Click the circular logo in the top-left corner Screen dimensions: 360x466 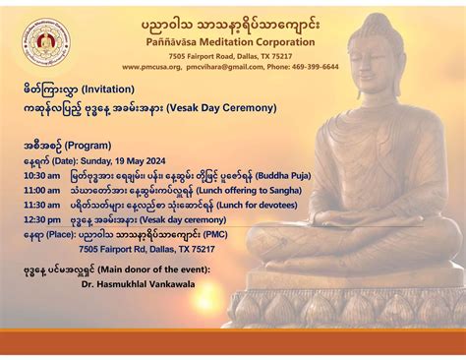coord(46,43)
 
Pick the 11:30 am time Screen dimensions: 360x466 coord(41,205)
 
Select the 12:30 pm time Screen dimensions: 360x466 coord(41,220)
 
